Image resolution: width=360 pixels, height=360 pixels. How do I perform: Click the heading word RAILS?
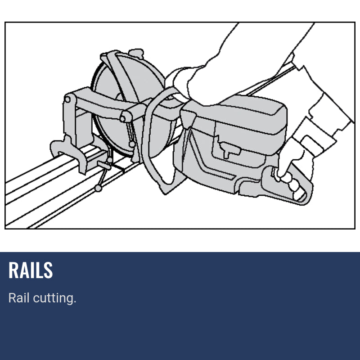(x=31, y=270)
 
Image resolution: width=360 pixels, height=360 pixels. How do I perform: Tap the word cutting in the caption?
(x=54, y=298)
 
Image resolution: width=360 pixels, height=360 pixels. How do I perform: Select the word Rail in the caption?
(x=19, y=298)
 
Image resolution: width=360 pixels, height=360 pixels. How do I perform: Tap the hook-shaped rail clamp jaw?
(x=67, y=151)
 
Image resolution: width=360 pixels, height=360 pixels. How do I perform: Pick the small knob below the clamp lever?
(x=99, y=188)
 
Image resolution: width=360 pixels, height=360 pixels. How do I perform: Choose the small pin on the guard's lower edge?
(x=131, y=144)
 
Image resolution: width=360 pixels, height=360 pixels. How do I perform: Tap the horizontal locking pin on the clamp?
(x=103, y=165)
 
